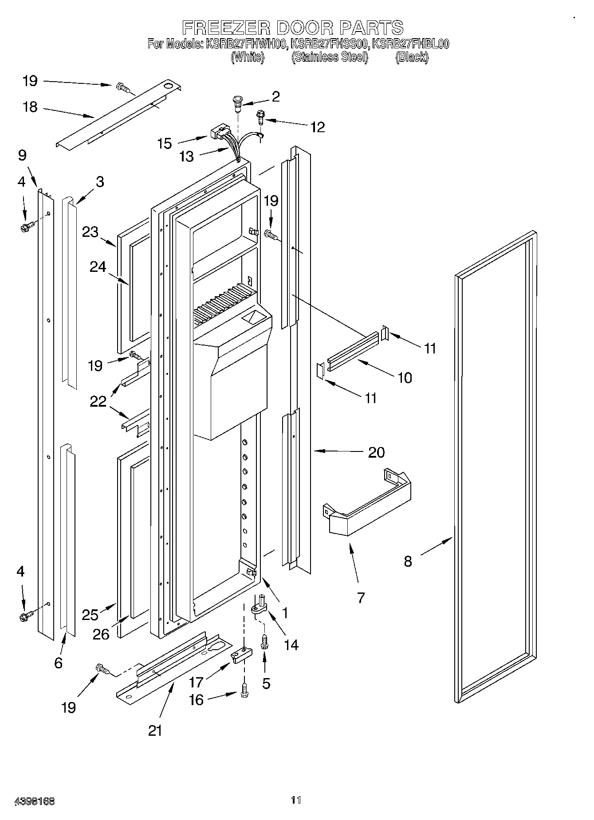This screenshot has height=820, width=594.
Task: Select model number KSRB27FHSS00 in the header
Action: [330, 44]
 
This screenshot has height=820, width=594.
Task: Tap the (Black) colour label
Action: [412, 57]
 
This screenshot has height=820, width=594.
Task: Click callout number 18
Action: [30, 107]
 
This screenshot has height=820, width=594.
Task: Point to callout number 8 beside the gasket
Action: [408, 561]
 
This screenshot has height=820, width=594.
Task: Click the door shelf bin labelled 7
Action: [368, 506]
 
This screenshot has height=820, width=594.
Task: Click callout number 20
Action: [376, 452]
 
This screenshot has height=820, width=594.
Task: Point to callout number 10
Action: [405, 378]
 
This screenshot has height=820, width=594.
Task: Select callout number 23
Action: [90, 231]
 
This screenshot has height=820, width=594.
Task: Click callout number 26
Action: [101, 634]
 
